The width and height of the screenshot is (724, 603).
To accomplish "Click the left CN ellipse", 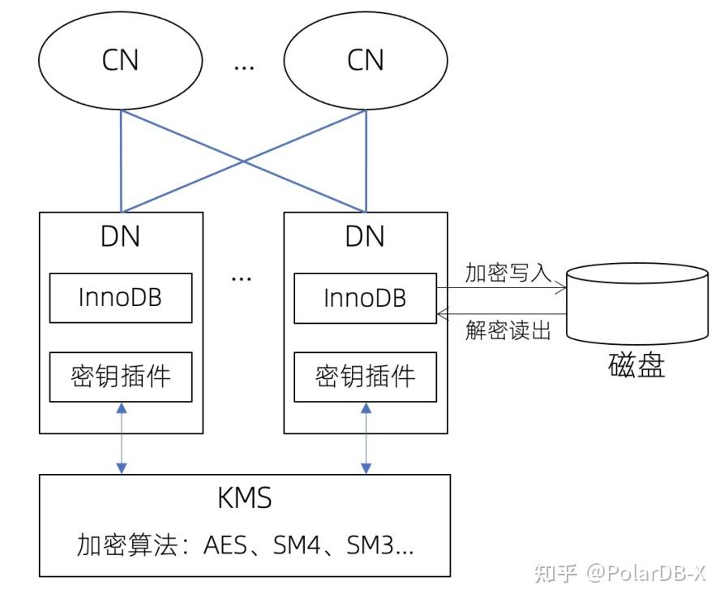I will (x=121, y=61).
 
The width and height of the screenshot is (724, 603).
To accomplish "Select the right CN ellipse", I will (x=366, y=61).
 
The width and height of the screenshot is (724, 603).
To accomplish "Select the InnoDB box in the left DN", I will (x=121, y=298).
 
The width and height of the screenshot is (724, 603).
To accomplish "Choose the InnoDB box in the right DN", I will (x=366, y=298).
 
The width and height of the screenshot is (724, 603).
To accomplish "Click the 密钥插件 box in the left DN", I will (x=121, y=377).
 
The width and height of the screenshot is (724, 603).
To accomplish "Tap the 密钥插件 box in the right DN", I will (x=366, y=377).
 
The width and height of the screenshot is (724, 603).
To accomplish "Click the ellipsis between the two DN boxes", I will (x=242, y=277).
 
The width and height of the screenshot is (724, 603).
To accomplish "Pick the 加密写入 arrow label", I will (x=496, y=272).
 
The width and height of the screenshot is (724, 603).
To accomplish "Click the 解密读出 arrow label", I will (x=496, y=329).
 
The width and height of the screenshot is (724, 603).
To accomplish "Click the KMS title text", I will (x=244, y=498).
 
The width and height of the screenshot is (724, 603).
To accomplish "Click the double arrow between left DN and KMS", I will (x=121, y=438).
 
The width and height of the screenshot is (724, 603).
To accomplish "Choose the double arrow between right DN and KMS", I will (x=366, y=438).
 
